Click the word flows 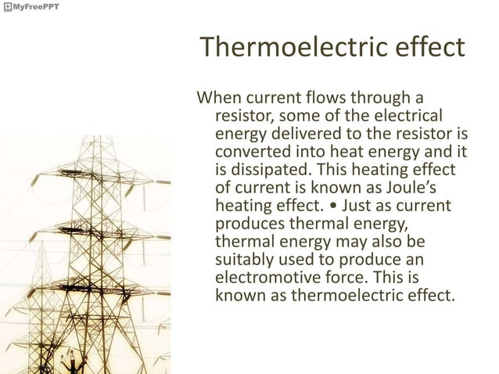320,99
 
